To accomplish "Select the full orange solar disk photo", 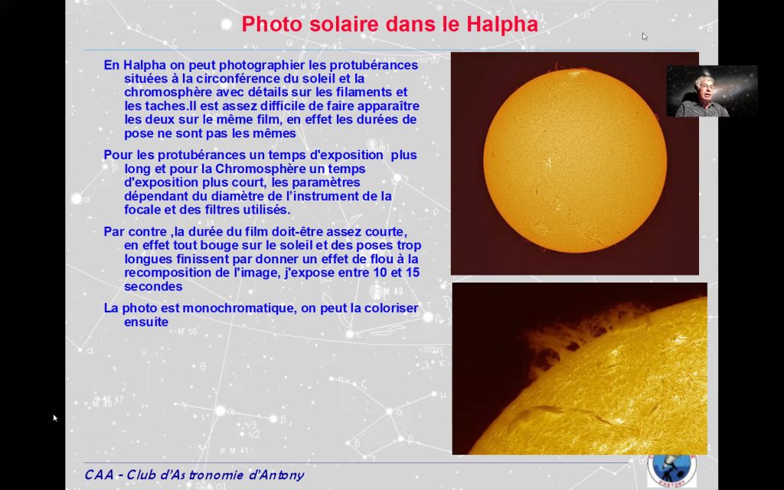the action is tap(575, 164).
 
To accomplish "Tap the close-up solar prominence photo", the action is tap(580, 368).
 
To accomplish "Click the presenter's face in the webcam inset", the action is tap(705, 88).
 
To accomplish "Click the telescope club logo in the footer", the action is tap(671, 469).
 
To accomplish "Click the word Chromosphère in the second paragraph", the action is tap(270, 168).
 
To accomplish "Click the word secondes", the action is tap(153, 286).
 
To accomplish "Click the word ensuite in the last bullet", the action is tap(146, 322).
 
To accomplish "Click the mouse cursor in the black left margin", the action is tap(55, 418).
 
